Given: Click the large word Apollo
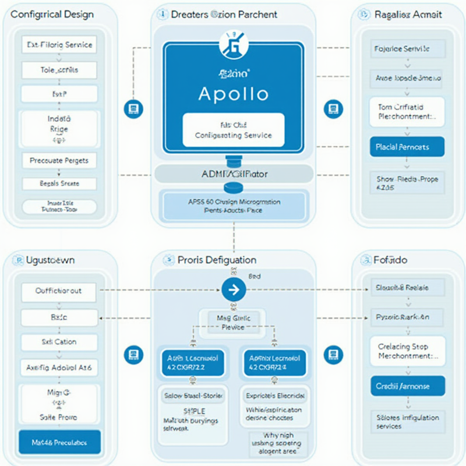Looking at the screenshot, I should pos(233,94).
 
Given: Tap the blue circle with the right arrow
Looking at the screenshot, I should pos(233,289).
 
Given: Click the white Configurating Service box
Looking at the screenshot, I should pos(233,130).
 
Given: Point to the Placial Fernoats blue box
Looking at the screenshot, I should pos(407,147).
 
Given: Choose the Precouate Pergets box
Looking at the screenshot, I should pos(59,160).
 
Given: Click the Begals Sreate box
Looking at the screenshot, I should pos(59,183).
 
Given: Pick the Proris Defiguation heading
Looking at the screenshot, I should pos(217,260).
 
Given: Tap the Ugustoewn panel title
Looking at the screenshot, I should pos(51,260).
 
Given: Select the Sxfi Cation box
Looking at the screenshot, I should pos(59,342).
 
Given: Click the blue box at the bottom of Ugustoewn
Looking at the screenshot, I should pos(59,443).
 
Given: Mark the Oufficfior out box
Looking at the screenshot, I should pos(59,291).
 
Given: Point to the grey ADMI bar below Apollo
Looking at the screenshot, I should pos(233,174).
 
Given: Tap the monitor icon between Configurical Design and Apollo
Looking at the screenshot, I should pos(133,108).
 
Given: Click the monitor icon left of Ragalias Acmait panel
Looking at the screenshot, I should pos(333,108).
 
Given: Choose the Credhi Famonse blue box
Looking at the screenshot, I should pos(407,386).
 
